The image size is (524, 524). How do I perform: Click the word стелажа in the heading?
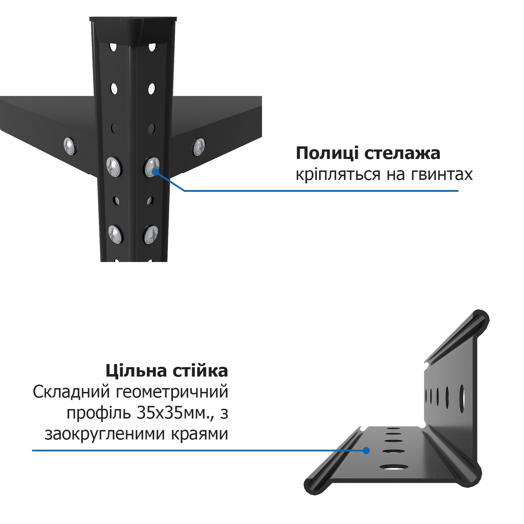402,154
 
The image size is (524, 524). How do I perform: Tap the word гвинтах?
441,175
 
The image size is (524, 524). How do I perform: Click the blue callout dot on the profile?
366,451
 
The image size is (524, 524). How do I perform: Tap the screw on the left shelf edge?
71,146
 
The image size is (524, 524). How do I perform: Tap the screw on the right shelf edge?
198,147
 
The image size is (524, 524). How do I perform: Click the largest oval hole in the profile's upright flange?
461,398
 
